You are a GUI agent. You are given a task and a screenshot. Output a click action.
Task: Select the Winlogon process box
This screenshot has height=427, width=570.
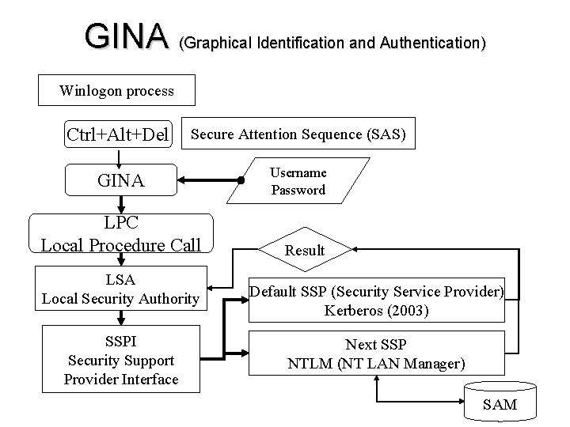click(x=116, y=91)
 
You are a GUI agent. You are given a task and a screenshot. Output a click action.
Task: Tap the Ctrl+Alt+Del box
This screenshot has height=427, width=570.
click(x=118, y=134)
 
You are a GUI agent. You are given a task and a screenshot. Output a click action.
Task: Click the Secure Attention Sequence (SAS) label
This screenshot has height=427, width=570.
click(x=298, y=134)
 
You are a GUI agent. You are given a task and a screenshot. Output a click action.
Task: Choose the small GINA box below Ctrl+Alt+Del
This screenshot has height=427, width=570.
click(x=120, y=181)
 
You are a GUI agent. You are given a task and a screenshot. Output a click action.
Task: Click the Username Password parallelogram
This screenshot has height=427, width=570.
click(x=298, y=181)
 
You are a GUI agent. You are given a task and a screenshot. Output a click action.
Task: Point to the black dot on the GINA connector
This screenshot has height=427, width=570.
click(x=239, y=181)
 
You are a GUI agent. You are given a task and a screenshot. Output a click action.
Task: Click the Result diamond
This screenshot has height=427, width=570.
click(x=305, y=250)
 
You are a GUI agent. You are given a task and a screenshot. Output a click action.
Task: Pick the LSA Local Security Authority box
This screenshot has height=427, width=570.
click(x=120, y=289)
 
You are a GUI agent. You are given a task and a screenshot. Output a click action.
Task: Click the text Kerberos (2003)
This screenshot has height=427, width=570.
click(x=377, y=311)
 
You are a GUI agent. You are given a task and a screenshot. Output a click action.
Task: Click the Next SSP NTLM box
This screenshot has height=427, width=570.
click(x=377, y=353)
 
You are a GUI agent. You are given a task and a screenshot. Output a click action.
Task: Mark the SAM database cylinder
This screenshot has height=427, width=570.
click(x=500, y=402)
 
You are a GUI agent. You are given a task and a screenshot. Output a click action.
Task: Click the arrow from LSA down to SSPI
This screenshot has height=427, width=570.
click(x=120, y=319)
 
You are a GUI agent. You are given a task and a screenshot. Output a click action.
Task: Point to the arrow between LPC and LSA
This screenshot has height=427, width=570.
click(x=120, y=261)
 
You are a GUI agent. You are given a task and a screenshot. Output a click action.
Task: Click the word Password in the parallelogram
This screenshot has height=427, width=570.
click(x=298, y=190)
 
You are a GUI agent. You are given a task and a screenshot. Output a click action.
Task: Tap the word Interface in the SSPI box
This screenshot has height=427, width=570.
click(x=148, y=380)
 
